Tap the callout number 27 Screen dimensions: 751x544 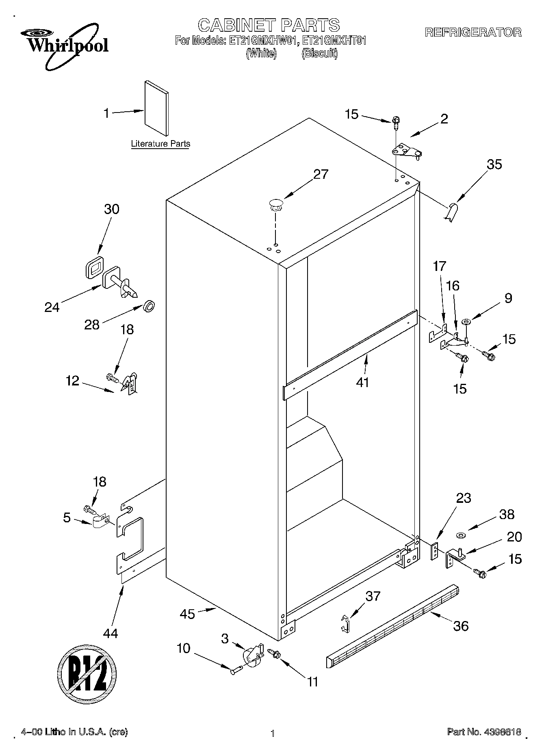pyautogui.click(x=321, y=174)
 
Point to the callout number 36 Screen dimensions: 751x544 pyautogui.click(x=461, y=625)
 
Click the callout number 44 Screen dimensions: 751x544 pyautogui.click(x=110, y=633)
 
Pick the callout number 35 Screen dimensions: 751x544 pyautogui.click(x=494, y=164)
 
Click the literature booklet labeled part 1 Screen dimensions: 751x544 pyautogui.click(x=156, y=108)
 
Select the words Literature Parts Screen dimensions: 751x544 pyautogui.click(x=160, y=143)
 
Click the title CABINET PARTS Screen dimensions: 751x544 pyautogui.click(x=269, y=25)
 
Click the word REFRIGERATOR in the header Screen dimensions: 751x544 pyautogui.click(x=473, y=32)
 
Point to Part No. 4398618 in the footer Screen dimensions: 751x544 pyautogui.click(x=484, y=732)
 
